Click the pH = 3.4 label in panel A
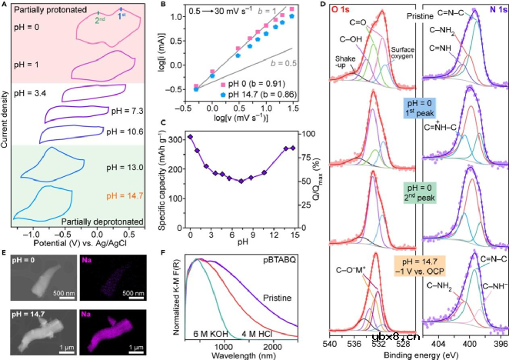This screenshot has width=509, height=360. tap(32, 94)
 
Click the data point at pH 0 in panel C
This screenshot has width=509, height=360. tap(190, 137)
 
